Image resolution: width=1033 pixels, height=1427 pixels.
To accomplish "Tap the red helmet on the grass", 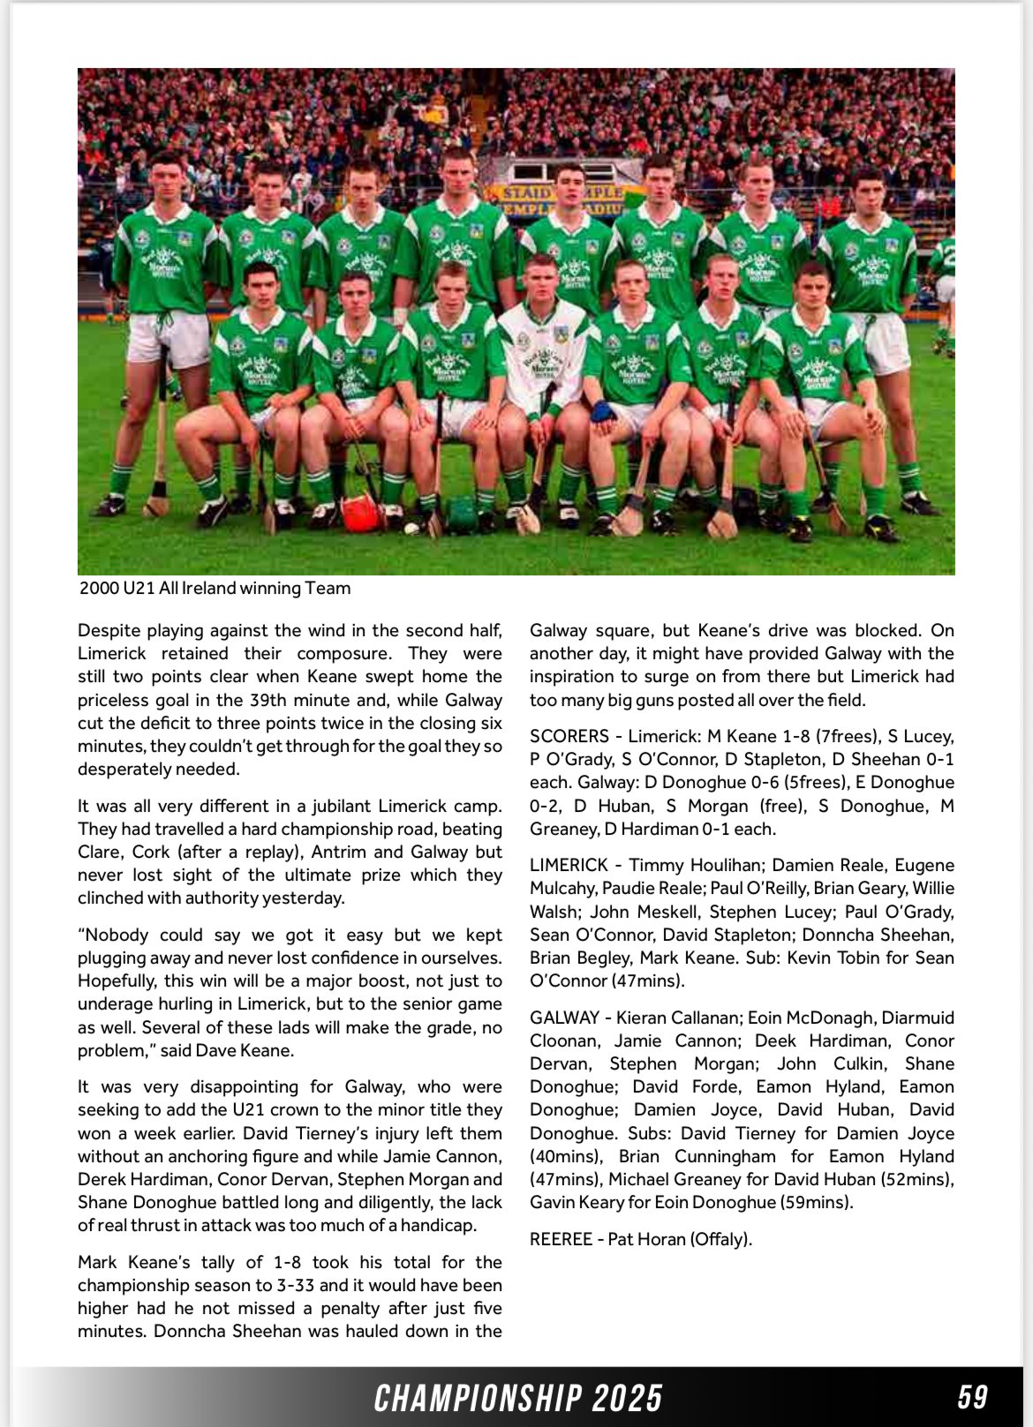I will coord(360,514).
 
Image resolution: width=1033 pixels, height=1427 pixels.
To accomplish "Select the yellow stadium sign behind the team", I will coord(565,199).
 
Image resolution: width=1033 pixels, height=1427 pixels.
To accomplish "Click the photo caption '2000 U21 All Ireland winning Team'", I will coord(215,589).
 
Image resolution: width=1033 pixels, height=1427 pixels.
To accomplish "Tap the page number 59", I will coord(972,1397).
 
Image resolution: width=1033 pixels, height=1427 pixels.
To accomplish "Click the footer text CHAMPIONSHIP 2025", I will coord(518,1398).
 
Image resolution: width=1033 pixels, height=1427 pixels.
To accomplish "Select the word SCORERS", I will coord(569,736).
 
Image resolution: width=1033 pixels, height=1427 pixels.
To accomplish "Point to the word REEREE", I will coord(561,1239).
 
